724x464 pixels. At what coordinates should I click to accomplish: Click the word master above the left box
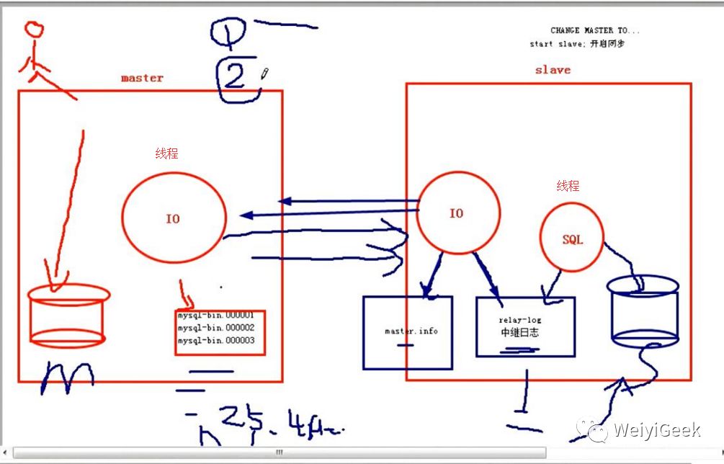tap(142, 78)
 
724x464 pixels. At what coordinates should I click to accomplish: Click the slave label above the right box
tap(553, 70)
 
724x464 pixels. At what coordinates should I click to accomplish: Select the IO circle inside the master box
tap(174, 218)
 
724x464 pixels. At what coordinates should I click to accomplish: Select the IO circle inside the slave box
tap(457, 213)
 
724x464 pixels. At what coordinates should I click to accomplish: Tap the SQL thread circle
tap(572, 238)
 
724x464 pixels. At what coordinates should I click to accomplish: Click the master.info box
tap(408, 332)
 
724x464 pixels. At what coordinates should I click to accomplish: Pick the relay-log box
tap(525, 326)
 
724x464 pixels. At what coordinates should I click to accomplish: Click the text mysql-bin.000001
tap(216, 316)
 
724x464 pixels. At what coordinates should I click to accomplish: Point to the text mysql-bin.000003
tap(216, 341)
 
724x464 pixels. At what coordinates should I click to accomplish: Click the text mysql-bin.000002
tap(216, 328)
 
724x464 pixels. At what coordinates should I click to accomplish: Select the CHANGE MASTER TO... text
tap(594, 30)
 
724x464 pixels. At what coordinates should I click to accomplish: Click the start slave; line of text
tap(577, 44)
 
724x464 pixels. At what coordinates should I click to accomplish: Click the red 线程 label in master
tap(166, 153)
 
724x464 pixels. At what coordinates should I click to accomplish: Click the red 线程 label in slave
tap(568, 186)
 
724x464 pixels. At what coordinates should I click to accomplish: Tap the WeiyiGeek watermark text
tap(656, 431)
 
